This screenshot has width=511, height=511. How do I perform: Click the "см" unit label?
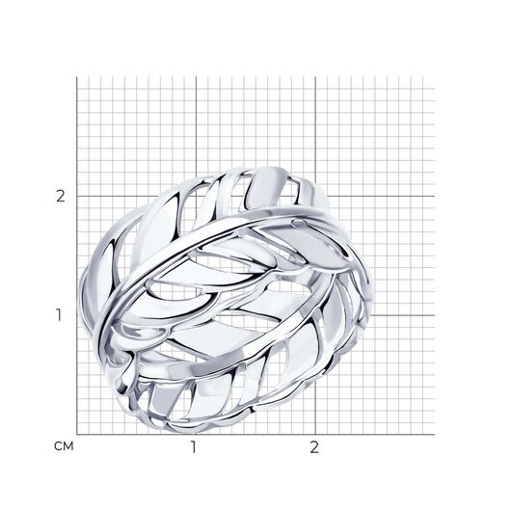64,446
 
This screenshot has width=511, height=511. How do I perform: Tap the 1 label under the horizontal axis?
194,447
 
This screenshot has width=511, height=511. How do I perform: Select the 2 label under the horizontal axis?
314,447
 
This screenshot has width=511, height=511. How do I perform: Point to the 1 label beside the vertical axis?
59,315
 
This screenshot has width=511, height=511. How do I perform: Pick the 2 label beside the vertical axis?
61,196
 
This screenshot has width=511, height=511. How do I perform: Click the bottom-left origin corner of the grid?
77,435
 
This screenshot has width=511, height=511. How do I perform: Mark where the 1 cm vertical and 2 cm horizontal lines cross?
196,196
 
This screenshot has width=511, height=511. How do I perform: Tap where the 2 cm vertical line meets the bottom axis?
315,435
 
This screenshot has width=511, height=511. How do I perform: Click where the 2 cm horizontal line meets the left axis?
77,196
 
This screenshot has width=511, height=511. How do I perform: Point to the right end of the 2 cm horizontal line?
435,196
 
